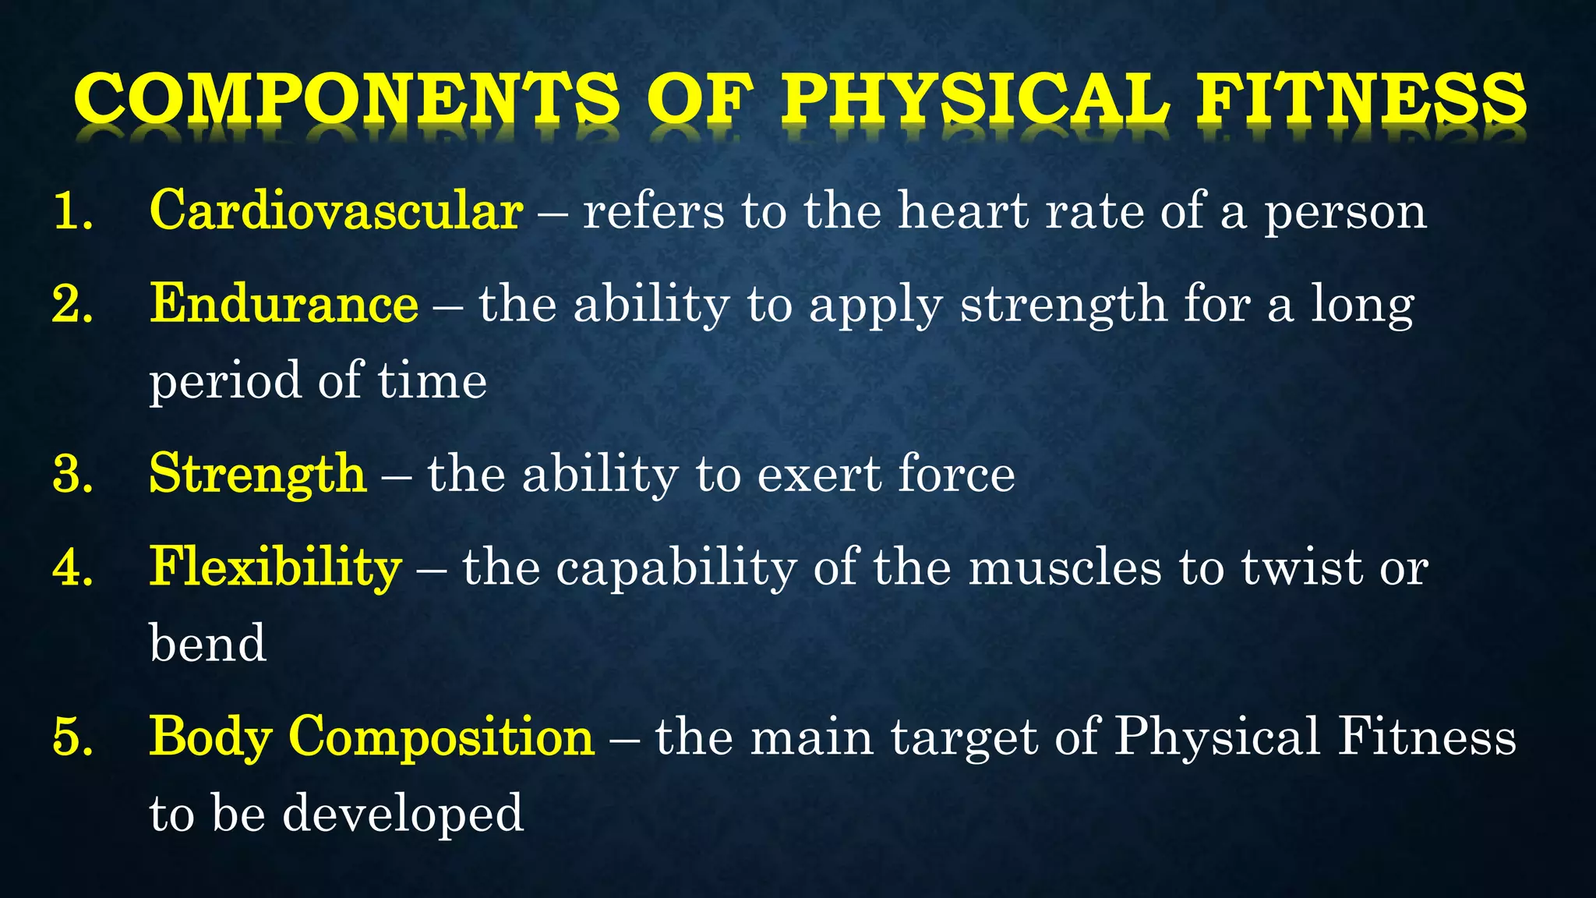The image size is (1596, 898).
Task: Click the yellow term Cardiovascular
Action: [336, 210]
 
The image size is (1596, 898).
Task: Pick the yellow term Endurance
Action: [284, 303]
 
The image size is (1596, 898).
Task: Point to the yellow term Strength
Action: [257, 473]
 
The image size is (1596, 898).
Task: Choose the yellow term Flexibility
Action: [275, 567]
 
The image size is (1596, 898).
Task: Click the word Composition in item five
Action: [441, 736]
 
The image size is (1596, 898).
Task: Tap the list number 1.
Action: [72, 211]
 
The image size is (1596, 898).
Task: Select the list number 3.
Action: [72, 474]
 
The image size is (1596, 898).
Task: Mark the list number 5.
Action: [72, 737]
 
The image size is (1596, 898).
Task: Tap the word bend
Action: [207, 643]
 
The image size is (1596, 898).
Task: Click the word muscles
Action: [1065, 567]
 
